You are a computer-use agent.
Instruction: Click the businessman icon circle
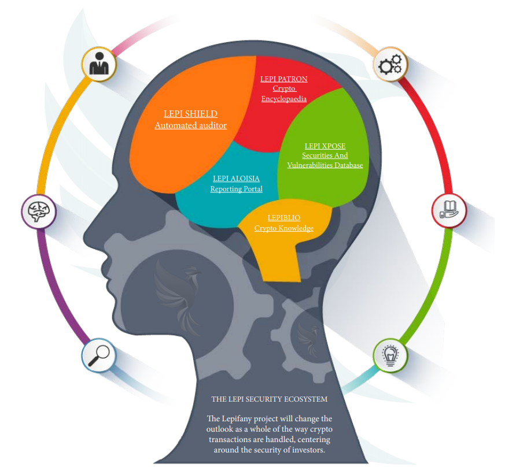[x=99, y=64]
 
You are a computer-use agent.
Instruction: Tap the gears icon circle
[x=390, y=64]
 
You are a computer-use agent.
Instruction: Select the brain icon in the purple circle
[x=39, y=212]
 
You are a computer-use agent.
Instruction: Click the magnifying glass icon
[x=99, y=355]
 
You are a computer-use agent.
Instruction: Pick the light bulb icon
[x=390, y=355]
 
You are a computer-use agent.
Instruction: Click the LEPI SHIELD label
[x=191, y=114]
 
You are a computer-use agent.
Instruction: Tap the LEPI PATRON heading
[x=284, y=79]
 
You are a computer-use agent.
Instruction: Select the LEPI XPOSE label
[x=325, y=146]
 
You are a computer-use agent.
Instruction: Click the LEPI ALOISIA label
[x=236, y=179]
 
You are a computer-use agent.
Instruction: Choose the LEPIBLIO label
[x=284, y=218]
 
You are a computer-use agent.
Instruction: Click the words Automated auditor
[x=191, y=125]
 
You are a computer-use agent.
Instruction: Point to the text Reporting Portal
[x=237, y=189]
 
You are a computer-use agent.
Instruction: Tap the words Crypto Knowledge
[x=284, y=228]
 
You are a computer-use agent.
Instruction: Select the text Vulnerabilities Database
[x=325, y=165]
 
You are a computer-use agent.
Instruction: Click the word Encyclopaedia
[x=284, y=99]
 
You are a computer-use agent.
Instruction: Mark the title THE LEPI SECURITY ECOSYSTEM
[x=269, y=399]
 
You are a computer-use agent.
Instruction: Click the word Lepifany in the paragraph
[x=237, y=418]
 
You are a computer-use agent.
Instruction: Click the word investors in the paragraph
[x=308, y=450]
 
